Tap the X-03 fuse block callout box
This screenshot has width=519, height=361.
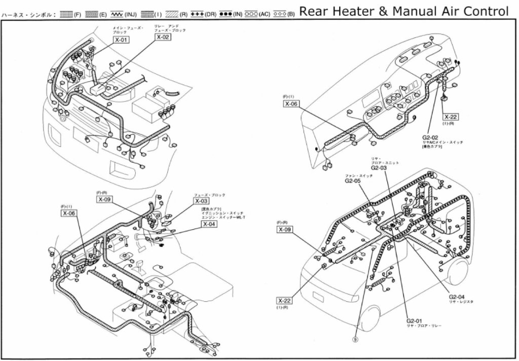pos(201,201)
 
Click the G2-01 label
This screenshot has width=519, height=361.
pos(414,320)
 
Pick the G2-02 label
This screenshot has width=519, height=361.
pos(430,137)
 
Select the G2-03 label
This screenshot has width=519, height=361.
pos(379,167)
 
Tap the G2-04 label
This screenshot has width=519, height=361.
pos(457,297)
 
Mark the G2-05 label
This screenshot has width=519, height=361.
pos(353,180)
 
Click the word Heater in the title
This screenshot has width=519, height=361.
pos(350,11)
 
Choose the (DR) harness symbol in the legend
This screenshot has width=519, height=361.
pos(198,14)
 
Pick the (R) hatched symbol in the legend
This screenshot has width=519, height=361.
pos(171,14)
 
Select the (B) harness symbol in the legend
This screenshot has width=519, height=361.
pos(279,14)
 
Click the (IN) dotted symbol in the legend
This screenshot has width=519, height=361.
pos(224,14)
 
